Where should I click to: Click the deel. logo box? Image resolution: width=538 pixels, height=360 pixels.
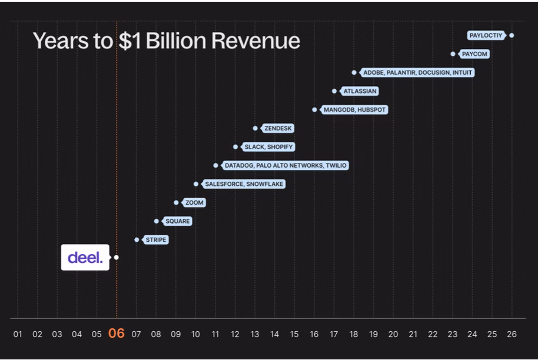(x=85, y=257)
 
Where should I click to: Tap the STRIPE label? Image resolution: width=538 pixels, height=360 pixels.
(x=156, y=240)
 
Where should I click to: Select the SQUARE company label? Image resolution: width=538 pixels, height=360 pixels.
(x=177, y=221)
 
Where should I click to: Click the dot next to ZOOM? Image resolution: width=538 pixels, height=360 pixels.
(x=176, y=202)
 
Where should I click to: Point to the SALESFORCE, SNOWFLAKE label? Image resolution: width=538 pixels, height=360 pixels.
(x=244, y=184)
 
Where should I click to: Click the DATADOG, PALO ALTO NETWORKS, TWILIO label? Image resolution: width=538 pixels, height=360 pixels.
(x=285, y=166)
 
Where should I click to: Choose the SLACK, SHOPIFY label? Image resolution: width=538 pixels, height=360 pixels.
(x=268, y=147)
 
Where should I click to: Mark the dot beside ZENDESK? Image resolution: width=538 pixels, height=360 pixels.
(x=255, y=128)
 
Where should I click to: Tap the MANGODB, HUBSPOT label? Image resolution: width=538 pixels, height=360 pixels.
(x=355, y=110)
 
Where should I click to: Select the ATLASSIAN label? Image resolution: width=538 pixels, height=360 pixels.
(x=360, y=91)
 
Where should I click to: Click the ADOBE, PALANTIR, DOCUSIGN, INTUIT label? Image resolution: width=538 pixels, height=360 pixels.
(x=417, y=72)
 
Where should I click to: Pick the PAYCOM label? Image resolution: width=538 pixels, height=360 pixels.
(x=474, y=54)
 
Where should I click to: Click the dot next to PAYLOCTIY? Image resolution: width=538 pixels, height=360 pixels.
(x=512, y=35)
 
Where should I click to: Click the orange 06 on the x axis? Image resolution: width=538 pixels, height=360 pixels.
(x=117, y=334)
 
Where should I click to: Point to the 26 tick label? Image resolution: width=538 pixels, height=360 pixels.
(x=512, y=334)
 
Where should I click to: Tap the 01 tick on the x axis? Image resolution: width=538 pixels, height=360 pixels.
(x=18, y=334)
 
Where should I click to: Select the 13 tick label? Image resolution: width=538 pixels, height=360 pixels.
(x=255, y=334)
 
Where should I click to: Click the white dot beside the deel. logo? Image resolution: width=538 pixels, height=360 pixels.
(x=117, y=257)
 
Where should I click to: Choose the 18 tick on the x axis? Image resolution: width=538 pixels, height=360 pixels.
(x=354, y=334)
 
